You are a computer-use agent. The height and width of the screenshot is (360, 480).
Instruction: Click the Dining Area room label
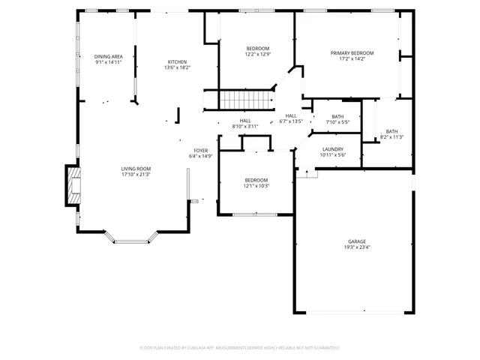tap(109, 57)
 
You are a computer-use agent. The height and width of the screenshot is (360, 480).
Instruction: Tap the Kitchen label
tap(177, 61)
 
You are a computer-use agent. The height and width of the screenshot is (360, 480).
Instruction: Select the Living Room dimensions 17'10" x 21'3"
tap(136, 175)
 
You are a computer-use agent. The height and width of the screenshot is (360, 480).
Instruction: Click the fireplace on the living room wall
tap(72, 185)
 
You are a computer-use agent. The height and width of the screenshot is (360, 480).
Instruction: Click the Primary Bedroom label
tap(352, 53)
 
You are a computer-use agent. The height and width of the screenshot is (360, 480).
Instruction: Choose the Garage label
tap(356, 241)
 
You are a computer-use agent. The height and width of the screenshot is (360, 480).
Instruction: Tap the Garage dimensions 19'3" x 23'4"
tap(356, 247)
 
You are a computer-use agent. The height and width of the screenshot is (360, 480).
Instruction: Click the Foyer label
tap(201, 151)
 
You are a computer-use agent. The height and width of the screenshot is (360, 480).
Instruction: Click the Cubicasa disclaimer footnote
tap(240, 348)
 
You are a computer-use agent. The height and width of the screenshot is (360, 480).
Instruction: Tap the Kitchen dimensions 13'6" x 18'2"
tap(177, 67)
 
